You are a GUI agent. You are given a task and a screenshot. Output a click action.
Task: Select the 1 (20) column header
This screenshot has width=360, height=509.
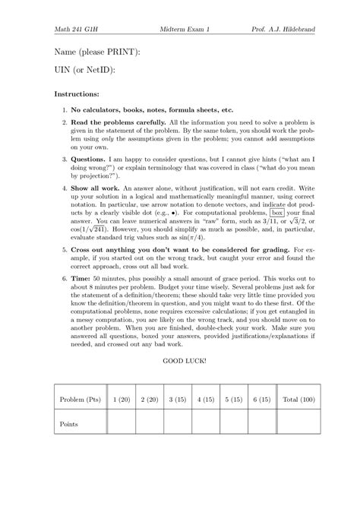[x=122, y=400]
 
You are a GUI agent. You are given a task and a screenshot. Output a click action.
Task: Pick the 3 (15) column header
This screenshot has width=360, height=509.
[x=178, y=400]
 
